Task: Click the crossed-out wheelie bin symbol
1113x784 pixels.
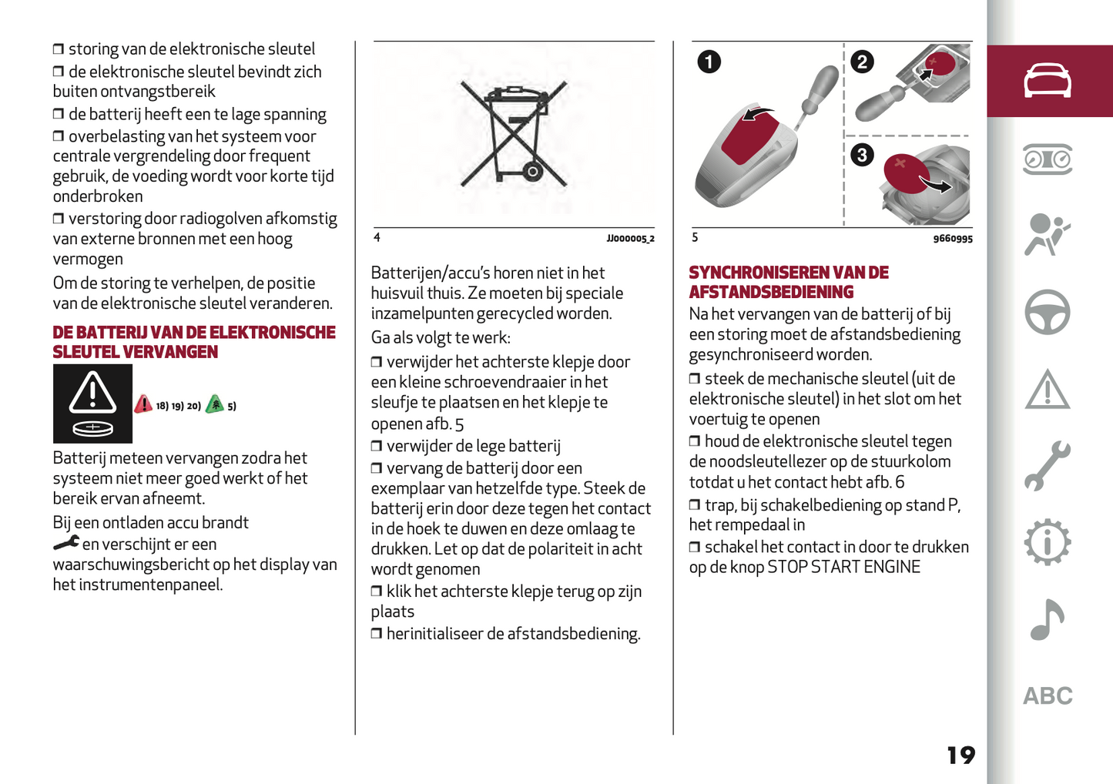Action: pos(514,136)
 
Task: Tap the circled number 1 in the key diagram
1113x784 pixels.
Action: pos(709,61)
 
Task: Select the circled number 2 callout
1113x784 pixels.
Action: pos(862,61)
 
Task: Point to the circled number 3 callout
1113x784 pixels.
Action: pos(862,155)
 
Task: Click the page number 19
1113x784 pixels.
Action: pos(960,755)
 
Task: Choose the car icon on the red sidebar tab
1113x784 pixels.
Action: pos(1047,81)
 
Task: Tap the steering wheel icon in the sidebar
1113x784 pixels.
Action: pos(1047,312)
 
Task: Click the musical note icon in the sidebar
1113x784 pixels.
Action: pos(1047,619)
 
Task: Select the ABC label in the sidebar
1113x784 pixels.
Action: pos(1048,696)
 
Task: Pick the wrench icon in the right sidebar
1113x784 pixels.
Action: pos(1047,466)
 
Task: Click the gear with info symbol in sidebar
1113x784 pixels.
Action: pos(1047,543)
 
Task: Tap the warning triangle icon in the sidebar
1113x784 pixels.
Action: pos(1047,390)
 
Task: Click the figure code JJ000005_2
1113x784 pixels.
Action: pos(630,239)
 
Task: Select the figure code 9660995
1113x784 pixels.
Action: pos(953,239)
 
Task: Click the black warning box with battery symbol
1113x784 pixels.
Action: pos(92,404)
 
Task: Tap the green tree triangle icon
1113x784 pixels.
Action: pos(215,404)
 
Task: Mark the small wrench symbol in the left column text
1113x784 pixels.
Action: pos(66,544)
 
